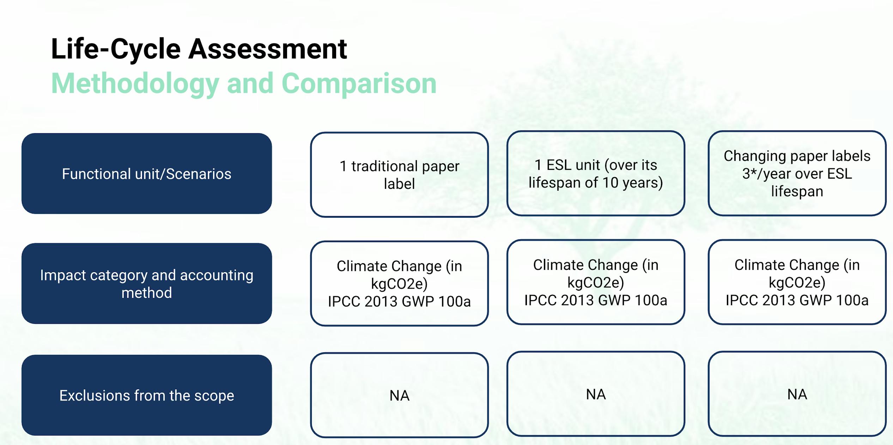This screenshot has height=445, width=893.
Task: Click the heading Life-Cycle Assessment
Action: (x=199, y=49)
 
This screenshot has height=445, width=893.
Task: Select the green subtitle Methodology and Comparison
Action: (x=244, y=84)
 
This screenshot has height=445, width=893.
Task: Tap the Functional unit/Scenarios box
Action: (x=147, y=173)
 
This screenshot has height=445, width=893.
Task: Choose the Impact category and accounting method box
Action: (x=147, y=283)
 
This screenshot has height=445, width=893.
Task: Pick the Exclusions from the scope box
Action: (x=147, y=395)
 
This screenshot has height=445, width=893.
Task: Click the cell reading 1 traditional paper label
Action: (x=399, y=175)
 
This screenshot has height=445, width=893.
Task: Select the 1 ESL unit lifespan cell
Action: (x=596, y=173)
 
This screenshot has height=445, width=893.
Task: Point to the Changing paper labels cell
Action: (x=797, y=173)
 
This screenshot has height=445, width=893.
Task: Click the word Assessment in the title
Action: (x=268, y=49)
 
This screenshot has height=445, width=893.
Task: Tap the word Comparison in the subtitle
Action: (x=359, y=84)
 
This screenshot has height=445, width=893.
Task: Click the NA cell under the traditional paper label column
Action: (x=399, y=395)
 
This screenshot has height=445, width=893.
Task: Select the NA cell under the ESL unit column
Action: (x=596, y=394)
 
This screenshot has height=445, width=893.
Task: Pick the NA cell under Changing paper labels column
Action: (x=797, y=394)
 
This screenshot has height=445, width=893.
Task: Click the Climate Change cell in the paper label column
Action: (x=399, y=284)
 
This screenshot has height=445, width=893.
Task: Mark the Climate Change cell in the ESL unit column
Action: (x=596, y=282)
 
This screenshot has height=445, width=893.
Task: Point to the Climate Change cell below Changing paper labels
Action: (x=797, y=282)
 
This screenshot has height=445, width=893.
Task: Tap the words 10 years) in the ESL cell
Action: (x=633, y=183)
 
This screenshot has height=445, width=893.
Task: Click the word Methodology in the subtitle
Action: (x=135, y=84)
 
